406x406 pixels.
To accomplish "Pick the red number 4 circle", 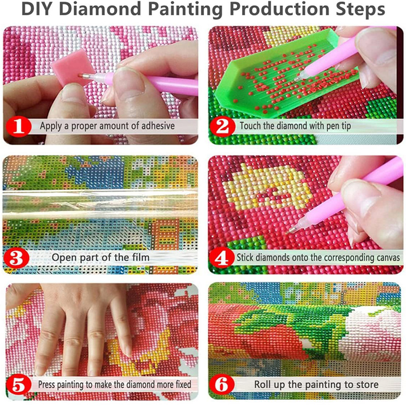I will click(x=224, y=257).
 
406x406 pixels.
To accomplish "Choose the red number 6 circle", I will click(x=224, y=385).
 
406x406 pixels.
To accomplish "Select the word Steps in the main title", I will click(x=358, y=10).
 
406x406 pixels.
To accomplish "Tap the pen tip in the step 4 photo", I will click(x=290, y=230).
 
